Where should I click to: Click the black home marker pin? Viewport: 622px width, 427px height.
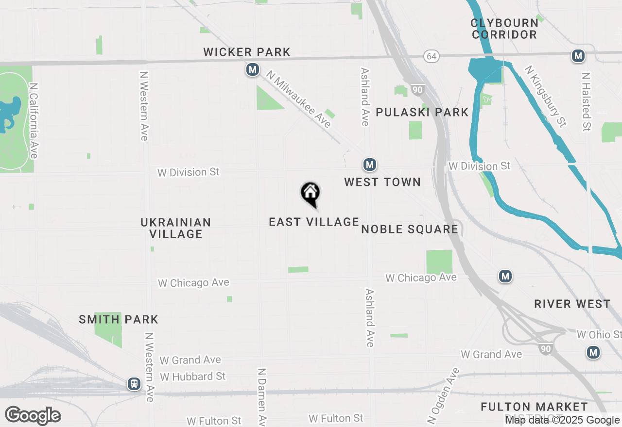click(310, 193)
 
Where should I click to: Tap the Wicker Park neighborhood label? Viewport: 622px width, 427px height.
click(247, 52)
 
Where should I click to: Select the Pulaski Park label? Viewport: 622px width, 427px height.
click(422, 112)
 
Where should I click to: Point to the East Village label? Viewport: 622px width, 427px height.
click(314, 222)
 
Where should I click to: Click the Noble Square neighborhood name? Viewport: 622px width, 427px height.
click(410, 229)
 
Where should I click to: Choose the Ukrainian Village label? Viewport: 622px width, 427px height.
click(176, 228)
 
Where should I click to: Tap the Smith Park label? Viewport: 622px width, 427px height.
click(119, 319)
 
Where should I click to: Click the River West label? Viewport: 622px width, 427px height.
click(572, 304)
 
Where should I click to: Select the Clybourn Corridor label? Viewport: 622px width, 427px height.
click(504, 29)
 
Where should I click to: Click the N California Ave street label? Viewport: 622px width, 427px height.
click(34, 120)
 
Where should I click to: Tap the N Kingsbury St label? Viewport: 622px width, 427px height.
click(546, 96)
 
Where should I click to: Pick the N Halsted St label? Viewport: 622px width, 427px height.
click(587, 102)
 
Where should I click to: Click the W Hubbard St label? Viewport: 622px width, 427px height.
click(192, 377)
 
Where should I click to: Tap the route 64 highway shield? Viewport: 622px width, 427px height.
click(431, 56)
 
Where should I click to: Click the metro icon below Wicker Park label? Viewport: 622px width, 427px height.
click(252, 70)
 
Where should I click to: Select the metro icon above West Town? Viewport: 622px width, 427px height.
click(370, 165)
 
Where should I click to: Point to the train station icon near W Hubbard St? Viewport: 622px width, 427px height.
click(134, 384)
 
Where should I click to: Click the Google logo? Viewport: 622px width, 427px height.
click(33, 416)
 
